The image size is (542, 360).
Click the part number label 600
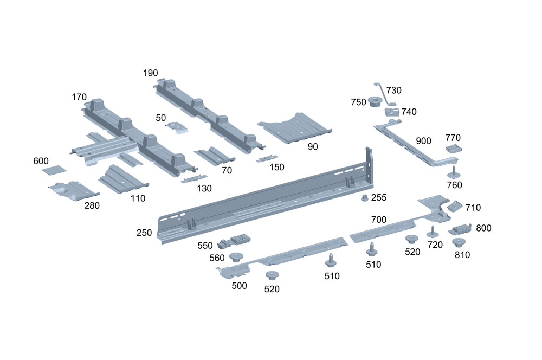[41, 161]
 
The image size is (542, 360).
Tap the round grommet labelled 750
[374, 102]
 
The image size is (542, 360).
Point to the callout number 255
[379, 198]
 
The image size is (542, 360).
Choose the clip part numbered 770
[454, 147]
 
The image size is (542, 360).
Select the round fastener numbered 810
[460, 242]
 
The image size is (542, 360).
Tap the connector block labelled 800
[460, 229]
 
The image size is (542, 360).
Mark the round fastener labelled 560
[236, 257]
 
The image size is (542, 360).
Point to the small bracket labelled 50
[177, 126]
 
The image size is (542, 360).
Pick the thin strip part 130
[194, 179]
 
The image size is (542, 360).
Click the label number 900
[423, 141]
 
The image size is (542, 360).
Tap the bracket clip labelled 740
[392, 112]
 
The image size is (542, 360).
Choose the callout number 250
[144, 233]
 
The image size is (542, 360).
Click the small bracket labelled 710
[454, 207]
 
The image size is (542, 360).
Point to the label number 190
[151, 73]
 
